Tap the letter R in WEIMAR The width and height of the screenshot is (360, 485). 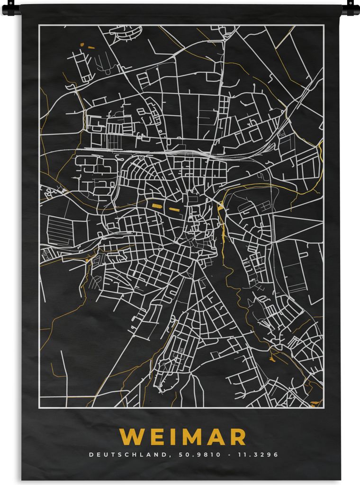coord(237,437)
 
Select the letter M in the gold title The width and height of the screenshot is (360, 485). coord(187,437)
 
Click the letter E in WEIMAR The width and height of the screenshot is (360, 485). coord(151,437)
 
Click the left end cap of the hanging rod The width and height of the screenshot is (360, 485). coord(10,8)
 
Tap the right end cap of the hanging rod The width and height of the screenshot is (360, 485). coord(351,8)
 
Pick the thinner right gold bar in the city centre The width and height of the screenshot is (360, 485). coord(174,208)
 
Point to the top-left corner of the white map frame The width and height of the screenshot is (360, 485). coord(39,26)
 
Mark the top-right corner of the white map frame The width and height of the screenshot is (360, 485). coord(324,26)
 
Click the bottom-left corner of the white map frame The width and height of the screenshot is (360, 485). coord(39,407)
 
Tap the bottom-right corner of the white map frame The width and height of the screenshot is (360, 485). coord(324,407)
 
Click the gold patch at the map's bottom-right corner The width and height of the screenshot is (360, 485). coord(315,403)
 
